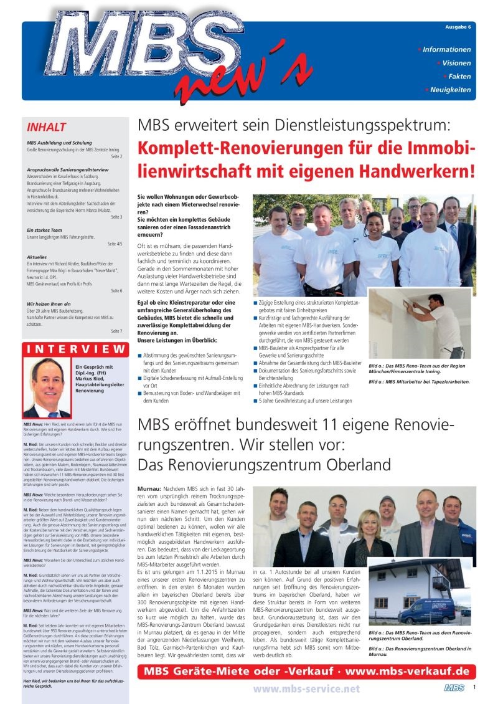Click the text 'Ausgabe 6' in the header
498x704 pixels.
point(458,27)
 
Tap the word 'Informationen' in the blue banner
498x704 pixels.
point(446,49)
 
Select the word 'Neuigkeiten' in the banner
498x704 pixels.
point(451,90)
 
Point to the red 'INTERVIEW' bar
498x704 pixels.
point(75,348)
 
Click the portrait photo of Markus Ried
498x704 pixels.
point(47,387)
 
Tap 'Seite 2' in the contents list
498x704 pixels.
point(116,157)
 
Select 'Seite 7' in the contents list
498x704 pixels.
point(116,331)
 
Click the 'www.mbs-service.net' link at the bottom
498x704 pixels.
point(306,688)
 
